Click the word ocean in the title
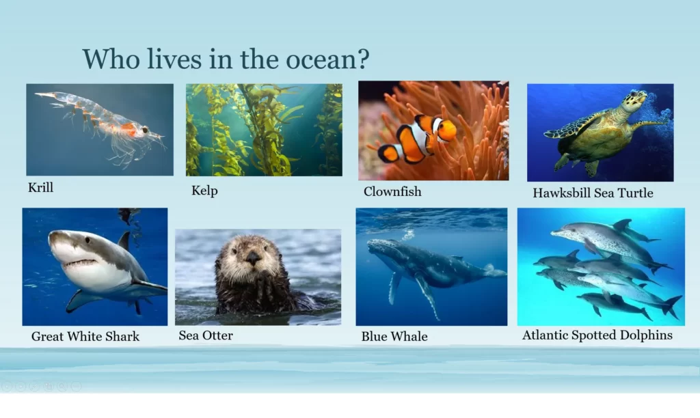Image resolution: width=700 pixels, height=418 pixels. (x=320, y=60)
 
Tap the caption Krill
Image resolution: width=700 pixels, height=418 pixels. (x=40, y=187)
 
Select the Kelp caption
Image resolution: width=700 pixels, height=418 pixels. (x=204, y=191)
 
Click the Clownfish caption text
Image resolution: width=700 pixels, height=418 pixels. (x=392, y=191)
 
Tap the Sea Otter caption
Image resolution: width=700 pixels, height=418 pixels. (x=206, y=335)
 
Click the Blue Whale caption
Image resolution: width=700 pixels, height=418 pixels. (x=394, y=336)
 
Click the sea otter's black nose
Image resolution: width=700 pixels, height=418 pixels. (x=253, y=257)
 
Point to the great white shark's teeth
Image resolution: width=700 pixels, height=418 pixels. (x=79, y=263)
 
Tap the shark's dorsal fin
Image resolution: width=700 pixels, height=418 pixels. (x=124, y=241)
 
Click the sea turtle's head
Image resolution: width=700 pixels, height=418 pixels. (x=635, y=100)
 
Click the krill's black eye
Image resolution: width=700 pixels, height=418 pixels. (x=145, y=130)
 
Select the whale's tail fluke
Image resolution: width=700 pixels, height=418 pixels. (x=494, y=270)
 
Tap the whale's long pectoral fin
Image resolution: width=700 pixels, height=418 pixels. (x=428, y=295)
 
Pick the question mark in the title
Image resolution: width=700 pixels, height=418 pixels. (x=363, y=59)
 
